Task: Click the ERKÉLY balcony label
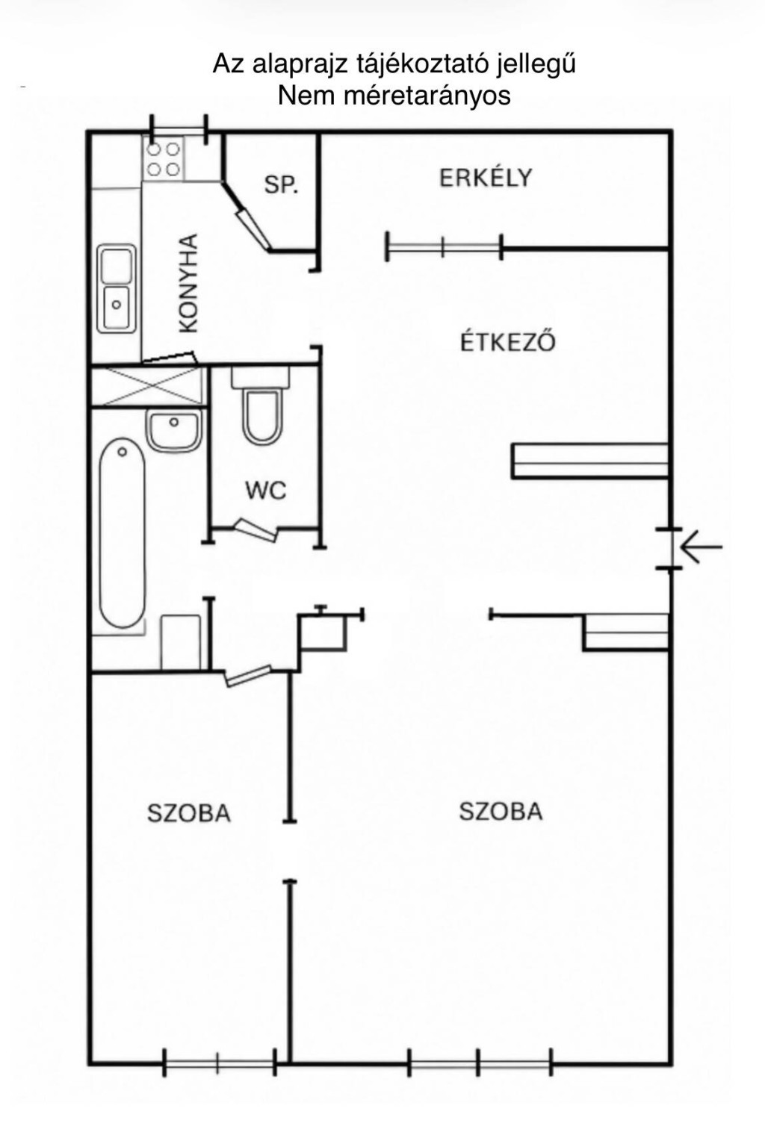tap(486, 177)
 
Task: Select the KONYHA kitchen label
tap(188, 284)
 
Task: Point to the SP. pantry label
tap(281, 184)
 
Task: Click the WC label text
tap(266, 491)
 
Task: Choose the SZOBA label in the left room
tap(188, 813)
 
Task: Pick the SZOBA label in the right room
tap(501, 811)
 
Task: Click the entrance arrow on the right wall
tap(702, 547)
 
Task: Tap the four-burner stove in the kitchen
tap(164, 159)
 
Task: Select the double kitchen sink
tap(117, 288)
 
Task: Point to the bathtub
tap(122, 532)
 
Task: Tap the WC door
tap(256, 530)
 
